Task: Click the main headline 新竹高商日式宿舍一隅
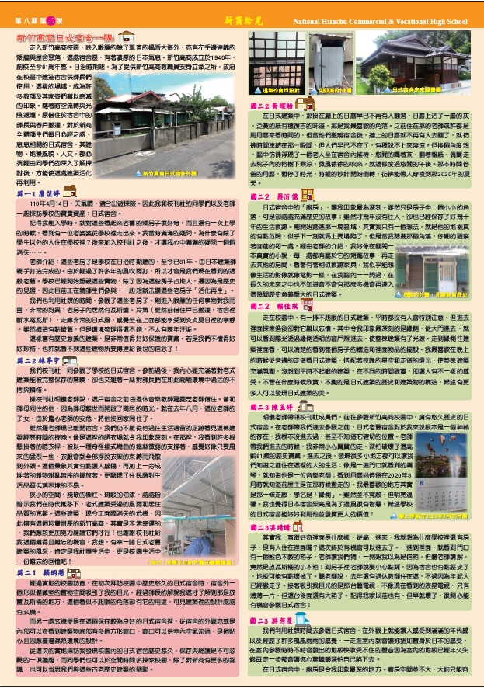tap(67, 36)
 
